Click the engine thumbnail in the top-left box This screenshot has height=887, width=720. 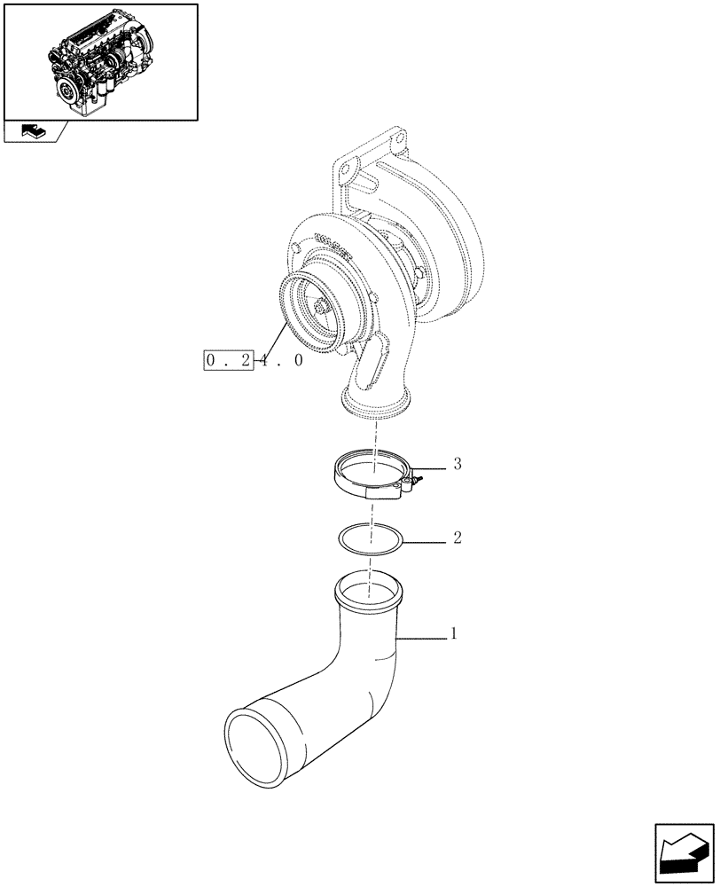[x=99, y=63]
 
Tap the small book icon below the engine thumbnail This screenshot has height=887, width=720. [x=31, y=131]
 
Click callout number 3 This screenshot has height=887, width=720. [x=458, y=464]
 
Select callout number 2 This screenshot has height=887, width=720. [x=458, y=538]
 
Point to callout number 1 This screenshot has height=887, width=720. [x=454, y=634]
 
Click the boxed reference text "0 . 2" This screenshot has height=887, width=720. [x=229, y=360]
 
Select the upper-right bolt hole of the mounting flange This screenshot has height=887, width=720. [x=397, y=138]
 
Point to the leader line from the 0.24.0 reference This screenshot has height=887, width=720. [x=271, y=341]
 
